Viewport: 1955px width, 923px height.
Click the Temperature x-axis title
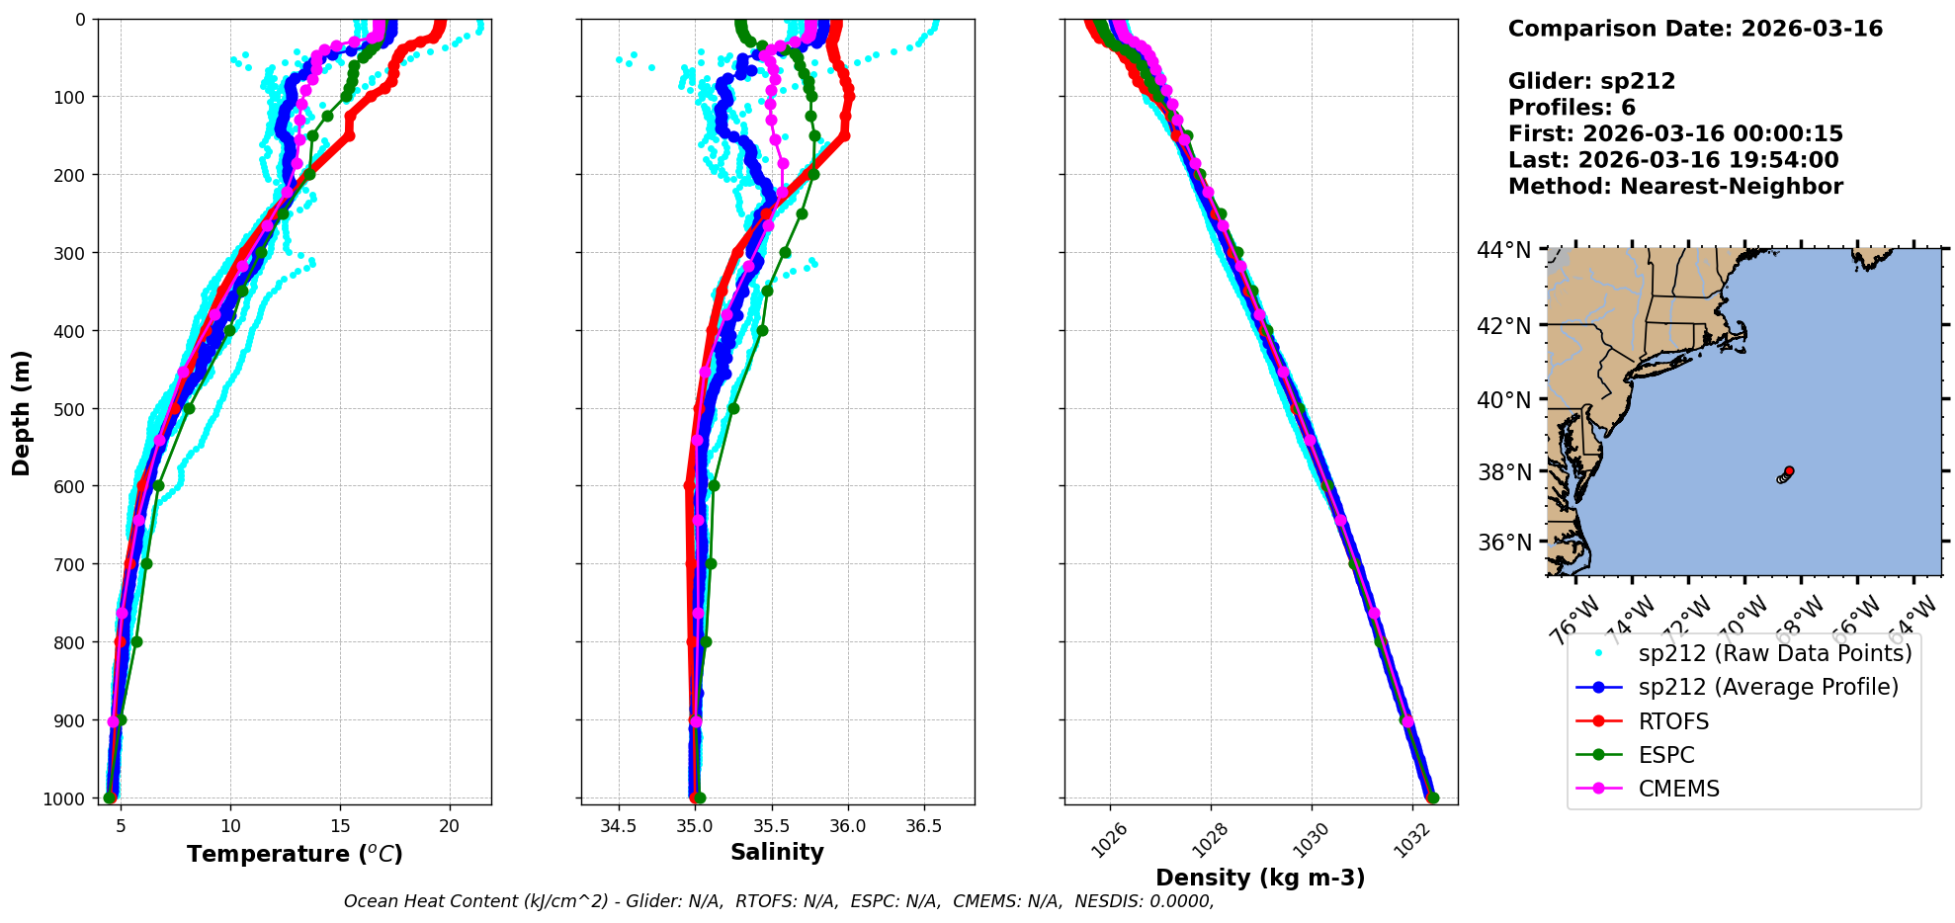(295, 854)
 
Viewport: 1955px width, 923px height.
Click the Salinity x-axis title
(777, 852)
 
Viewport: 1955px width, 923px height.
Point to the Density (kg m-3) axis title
(1260, 878)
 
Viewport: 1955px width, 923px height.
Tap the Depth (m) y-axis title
(22, 412)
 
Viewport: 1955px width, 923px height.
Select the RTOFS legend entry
(1673, 721)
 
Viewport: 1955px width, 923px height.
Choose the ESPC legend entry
(1666, 755)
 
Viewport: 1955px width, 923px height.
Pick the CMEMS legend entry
(1678, 789)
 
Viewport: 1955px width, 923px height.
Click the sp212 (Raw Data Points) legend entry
(1774, 653)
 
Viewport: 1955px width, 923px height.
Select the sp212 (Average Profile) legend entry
(1768, 687)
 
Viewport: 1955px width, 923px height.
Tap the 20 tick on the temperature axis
(450, 826)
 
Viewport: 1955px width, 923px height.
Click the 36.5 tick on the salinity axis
(923, 826)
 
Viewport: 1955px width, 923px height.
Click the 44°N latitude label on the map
(1503, 250)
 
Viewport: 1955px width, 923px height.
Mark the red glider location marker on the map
(1789, 471)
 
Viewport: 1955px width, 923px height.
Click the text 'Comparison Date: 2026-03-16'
(1695, 29)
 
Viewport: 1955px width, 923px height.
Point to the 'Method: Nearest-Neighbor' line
(1675, 187)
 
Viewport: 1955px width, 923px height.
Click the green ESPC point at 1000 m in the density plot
(1433, 797)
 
